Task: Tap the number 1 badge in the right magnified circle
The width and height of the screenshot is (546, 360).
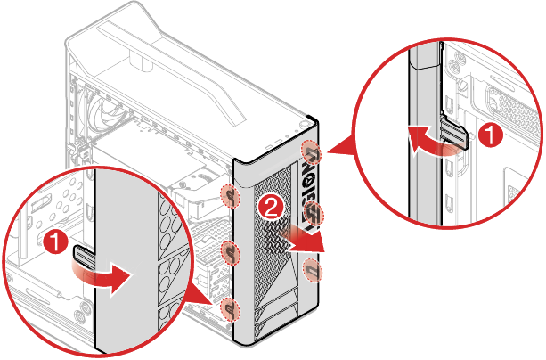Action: (487, 135)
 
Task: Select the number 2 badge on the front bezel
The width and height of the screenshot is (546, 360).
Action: (273, 209)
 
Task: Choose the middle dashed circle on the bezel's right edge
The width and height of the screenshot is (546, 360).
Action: (314, 214)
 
